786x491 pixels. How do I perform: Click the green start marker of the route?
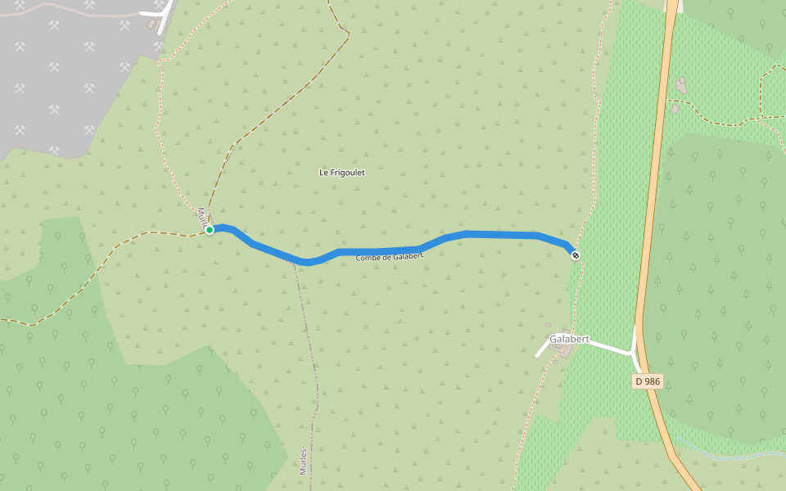point(210,230)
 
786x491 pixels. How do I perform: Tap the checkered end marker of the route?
point(576,255)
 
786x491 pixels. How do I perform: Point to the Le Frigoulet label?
point(341,173)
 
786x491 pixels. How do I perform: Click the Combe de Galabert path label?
point(390,257)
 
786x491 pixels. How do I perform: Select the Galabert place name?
point(569,339)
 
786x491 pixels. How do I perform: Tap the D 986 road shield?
point(647,381)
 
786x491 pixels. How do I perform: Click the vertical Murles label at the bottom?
point(303,461)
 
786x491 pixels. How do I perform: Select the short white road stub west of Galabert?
point(542,350)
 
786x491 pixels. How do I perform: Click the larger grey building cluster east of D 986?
point(681,85)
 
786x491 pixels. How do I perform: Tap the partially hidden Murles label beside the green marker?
point(201,215)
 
